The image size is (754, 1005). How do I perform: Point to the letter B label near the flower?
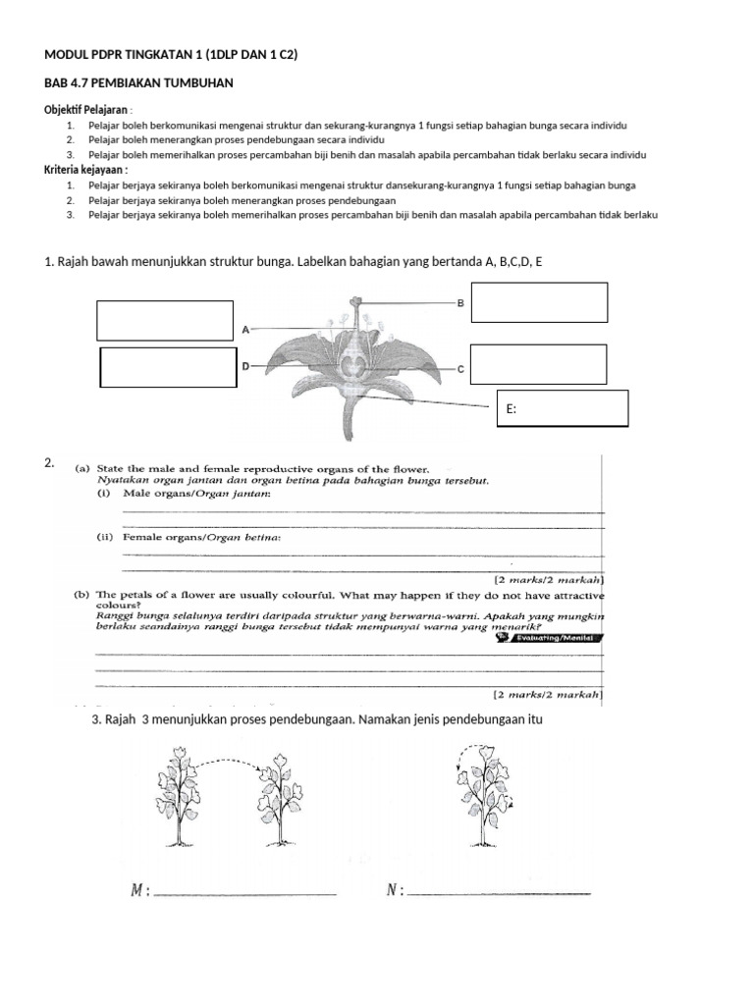(x=460, y=304)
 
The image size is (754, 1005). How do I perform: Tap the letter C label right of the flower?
(x=459, y=369)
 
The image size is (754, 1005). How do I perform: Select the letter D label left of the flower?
(x=245, y=366)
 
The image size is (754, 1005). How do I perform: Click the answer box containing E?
(x=563, y=408)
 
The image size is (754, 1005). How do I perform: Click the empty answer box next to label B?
(x=539, y=301)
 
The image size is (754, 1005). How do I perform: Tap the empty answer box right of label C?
(x=538, y=364)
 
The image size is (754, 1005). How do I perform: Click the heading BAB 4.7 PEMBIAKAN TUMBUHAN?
(x=138, y=83)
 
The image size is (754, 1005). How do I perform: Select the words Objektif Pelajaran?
(x=86, y=110)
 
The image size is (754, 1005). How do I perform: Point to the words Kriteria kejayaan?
(x=86, y=170)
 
